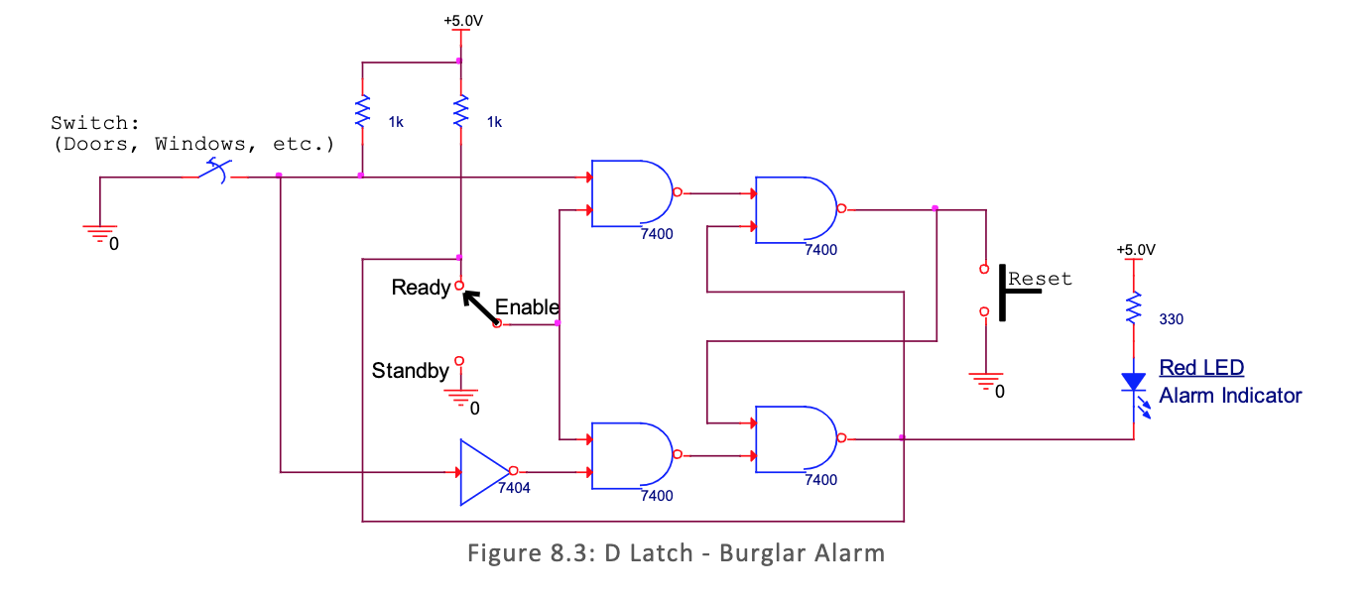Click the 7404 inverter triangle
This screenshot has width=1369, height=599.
pos(484,472)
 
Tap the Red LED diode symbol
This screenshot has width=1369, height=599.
pos(1133,382)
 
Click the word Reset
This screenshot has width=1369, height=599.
pos(1041,280)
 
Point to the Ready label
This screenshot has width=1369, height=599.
pos(421,288)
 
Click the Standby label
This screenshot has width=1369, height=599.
pos(410,371)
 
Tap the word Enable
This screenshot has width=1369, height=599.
pos(527,307)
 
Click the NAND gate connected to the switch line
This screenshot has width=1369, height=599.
pos(631,193)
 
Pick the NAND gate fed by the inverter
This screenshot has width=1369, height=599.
pos(631,455)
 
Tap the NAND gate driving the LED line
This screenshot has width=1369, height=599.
pos(796,438)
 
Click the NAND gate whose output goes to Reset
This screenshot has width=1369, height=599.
pos(796,210)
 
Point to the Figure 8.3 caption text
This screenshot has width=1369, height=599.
pos(676,552)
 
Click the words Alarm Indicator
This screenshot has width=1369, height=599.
pos(1230,396)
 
